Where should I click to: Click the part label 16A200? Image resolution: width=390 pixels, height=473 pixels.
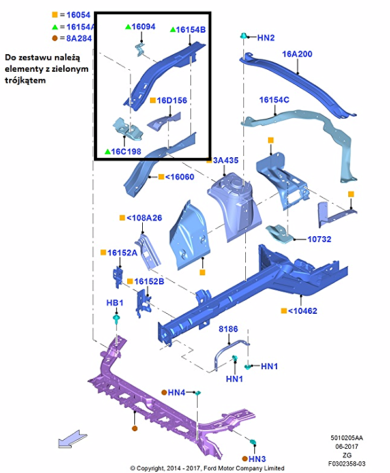pos(297,54)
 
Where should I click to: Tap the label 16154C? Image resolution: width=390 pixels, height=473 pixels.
pos(274,100)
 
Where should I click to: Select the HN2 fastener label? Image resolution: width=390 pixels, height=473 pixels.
pos(265,38)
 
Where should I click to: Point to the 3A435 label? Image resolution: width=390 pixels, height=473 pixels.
pos(226,160)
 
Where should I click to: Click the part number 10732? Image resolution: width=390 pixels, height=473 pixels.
pos(319,239)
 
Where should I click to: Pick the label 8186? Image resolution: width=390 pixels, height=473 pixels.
pos(228,329)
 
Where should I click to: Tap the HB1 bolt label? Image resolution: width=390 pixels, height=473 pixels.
pos(115,303)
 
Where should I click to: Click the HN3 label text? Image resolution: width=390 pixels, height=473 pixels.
pos(257,459)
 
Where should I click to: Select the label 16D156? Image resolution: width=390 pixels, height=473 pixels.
pos(172,100)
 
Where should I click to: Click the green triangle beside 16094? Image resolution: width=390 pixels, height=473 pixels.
pos(128,27)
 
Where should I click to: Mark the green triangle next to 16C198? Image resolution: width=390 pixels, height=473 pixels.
pos(108,151)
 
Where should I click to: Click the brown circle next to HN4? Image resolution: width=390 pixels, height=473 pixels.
pos(164,393)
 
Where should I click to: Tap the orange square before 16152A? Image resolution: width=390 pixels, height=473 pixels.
pos(103,252)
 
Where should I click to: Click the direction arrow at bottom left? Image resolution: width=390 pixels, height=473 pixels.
pos(72,439)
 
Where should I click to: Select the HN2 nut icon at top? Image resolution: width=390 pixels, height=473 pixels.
pos(243,36)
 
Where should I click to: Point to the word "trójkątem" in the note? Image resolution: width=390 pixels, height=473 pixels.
pos(25,80)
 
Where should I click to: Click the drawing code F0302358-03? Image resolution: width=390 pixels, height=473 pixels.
pos(346,464)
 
